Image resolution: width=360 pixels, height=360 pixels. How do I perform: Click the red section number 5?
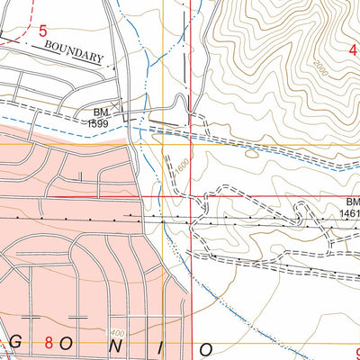pos(42,31)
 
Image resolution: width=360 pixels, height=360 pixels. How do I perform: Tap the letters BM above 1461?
pos(350,203)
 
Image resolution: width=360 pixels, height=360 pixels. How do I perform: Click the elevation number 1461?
pos(349,214)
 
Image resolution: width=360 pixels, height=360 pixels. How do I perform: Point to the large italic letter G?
pos(6,346)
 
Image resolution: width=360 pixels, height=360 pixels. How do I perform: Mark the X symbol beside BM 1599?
pos(133,117)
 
